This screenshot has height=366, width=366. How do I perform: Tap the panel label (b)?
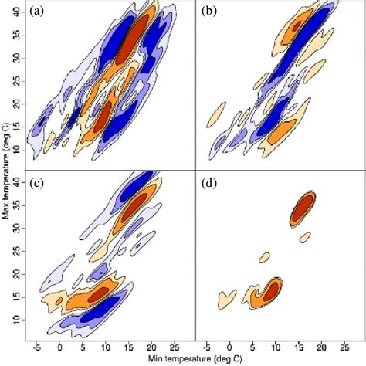[209, 13]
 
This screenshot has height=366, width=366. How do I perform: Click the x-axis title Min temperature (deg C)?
[190, 360]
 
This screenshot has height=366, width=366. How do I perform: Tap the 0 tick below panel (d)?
[230, 348]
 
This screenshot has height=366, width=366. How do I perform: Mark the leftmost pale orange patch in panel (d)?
[227, 296]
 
